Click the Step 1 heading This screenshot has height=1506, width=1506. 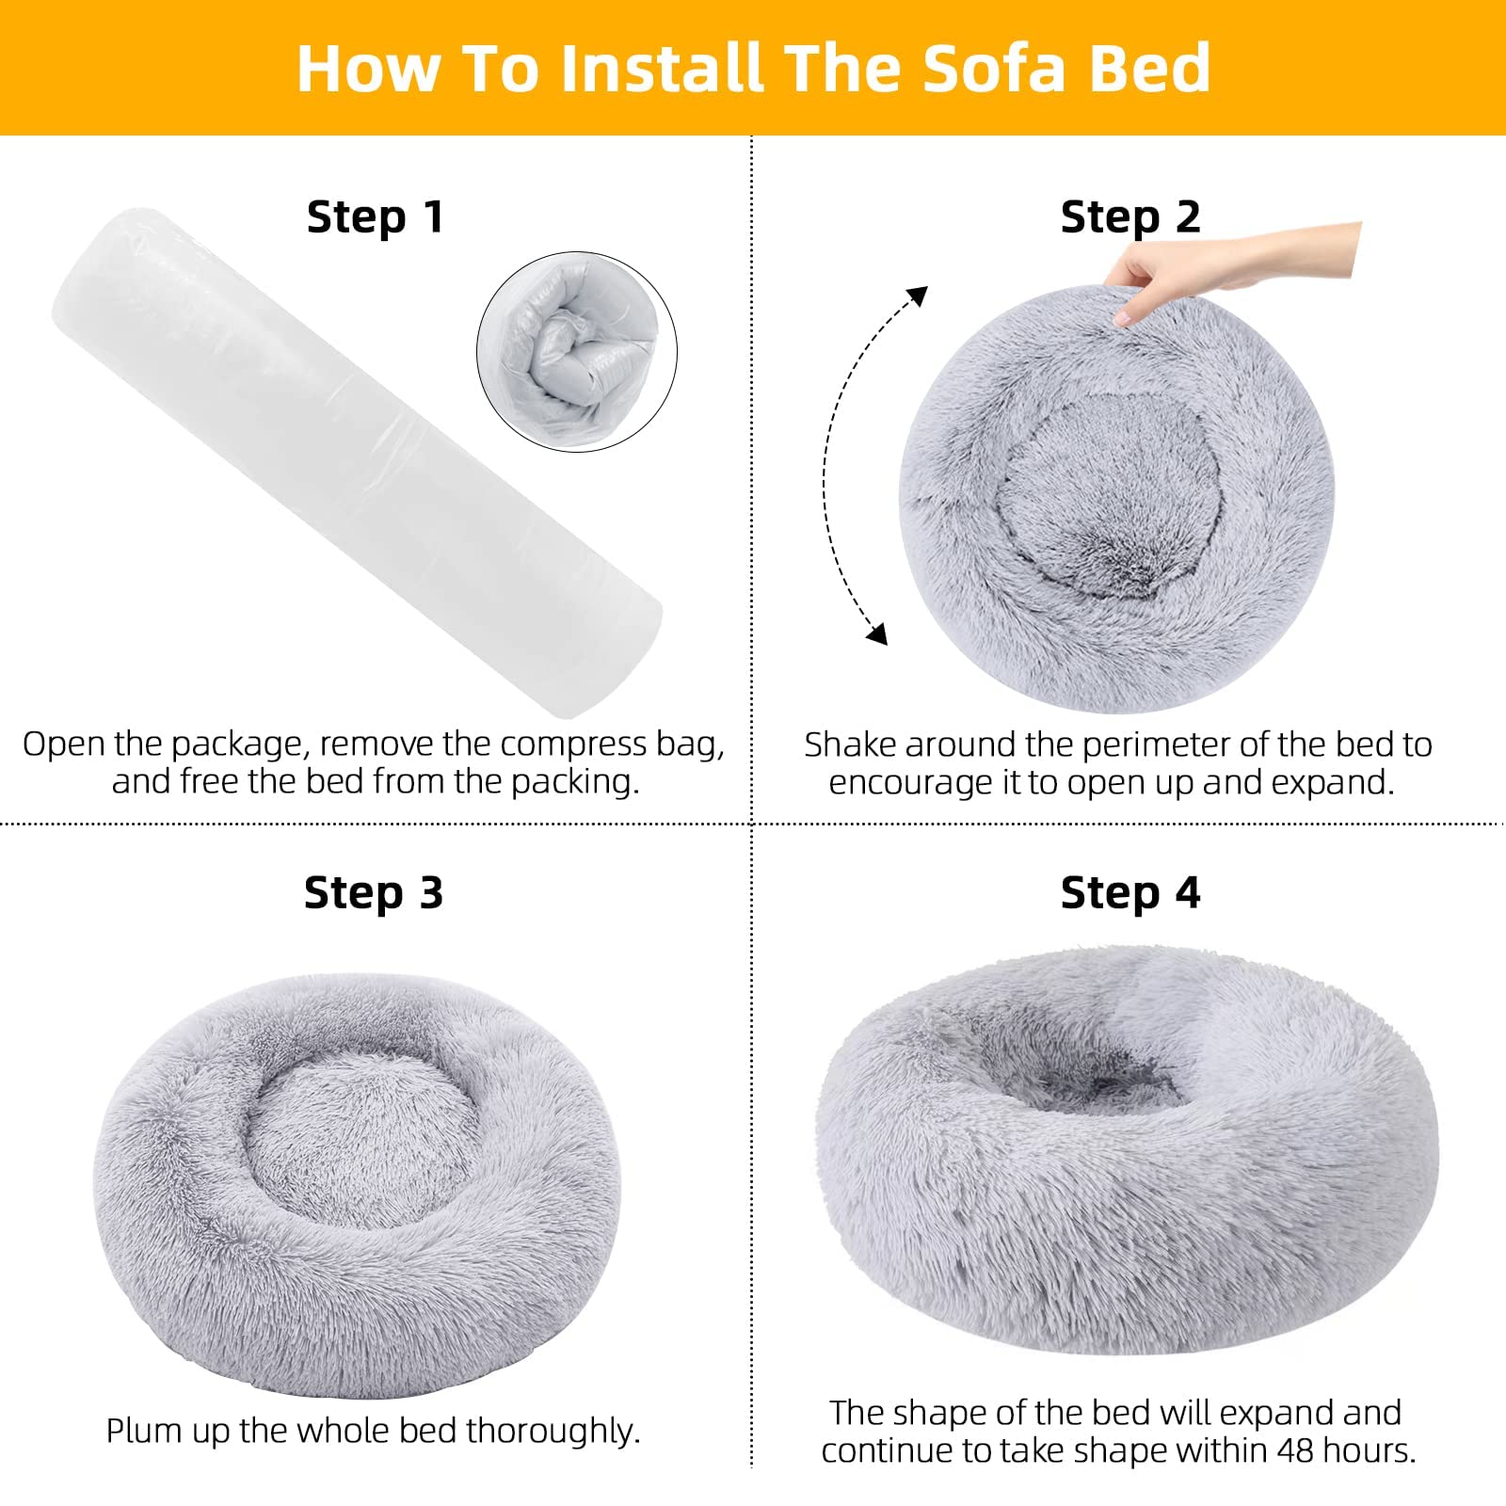click(x=375, y=217)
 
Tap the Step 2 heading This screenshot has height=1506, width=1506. click(x=1130, y=217)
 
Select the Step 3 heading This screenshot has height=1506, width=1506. click(x=373, y=892)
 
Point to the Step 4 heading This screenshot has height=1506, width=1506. click(x=1130, y=892)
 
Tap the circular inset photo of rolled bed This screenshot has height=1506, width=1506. click(x=576, y=351)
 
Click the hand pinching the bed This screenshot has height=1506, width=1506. click(x=1224, y=264)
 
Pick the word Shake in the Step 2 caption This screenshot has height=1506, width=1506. click(x=850, y=745)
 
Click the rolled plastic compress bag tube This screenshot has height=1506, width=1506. click(x=358, y=452)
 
